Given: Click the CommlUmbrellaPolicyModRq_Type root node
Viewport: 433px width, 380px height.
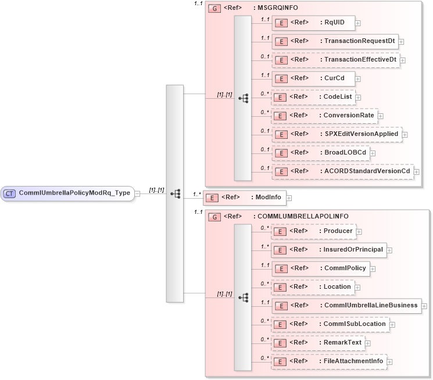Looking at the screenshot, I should [x=69, y=193].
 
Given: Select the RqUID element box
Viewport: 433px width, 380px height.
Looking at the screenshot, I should [x=313, y=23].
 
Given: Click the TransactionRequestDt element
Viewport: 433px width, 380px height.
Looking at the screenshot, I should [x=335, y=41].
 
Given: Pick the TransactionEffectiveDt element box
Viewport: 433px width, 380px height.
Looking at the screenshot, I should [x=335, y=60].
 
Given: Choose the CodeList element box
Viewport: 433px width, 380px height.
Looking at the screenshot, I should [x=313, y=97].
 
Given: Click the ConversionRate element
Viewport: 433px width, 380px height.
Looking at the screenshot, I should [x=324, y=116].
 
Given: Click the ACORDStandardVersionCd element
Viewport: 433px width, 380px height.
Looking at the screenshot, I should [x=342, y=171].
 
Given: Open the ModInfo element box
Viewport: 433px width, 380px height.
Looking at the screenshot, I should [x=244, y=198].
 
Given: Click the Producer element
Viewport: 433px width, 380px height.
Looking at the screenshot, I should [x=313, y=231].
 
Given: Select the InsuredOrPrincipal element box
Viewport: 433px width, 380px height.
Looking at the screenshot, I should [x=328, y=250].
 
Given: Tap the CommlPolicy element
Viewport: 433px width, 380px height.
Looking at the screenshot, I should [x=320, y=268].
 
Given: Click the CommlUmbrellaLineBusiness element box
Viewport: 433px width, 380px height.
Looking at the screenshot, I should [x=346, y=306].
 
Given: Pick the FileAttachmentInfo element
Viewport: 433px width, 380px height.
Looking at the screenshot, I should [x=330, y=361].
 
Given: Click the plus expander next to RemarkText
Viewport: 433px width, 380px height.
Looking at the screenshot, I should [x=368, y=343].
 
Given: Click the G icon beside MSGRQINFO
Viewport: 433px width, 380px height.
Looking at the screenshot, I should [x=214, y=8].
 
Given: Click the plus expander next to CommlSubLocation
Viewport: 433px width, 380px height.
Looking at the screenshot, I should [x=392, y=324].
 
